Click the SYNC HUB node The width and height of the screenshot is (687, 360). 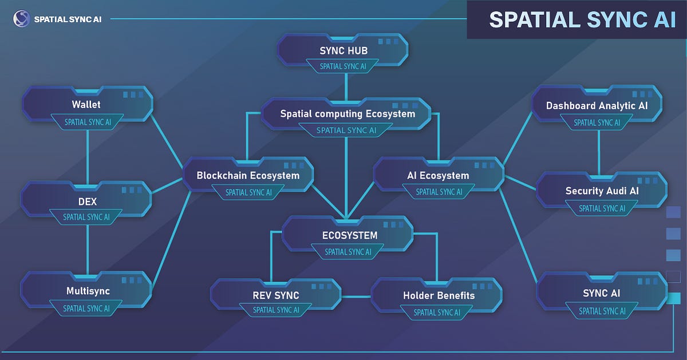[x=343, y=51]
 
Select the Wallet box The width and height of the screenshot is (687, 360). [x=86, y=105]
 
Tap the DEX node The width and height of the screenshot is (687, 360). [x=86, y=201]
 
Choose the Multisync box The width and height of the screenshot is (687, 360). [x=86, y=291]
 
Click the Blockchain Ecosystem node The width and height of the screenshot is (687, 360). [x=248, y=176]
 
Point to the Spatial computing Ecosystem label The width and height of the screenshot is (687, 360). [x=347, y=114]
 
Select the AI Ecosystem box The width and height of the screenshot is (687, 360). [x=439, y=176]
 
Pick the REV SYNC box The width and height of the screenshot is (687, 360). [x=276, y=296]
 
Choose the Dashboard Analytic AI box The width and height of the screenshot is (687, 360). [x=597, y=106]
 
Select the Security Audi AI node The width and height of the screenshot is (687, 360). [x=601, y=191]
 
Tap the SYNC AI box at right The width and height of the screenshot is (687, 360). [x=602, y=294]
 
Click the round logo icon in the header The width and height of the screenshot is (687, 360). [x=21, y=19]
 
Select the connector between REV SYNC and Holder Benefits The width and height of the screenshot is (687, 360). [x=356, y=296]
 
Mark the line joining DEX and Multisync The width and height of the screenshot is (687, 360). [x=87, y=248]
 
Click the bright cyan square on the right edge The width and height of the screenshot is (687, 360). [x=674, y=298]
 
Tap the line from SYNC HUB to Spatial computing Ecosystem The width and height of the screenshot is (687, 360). [x=346, y=85]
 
